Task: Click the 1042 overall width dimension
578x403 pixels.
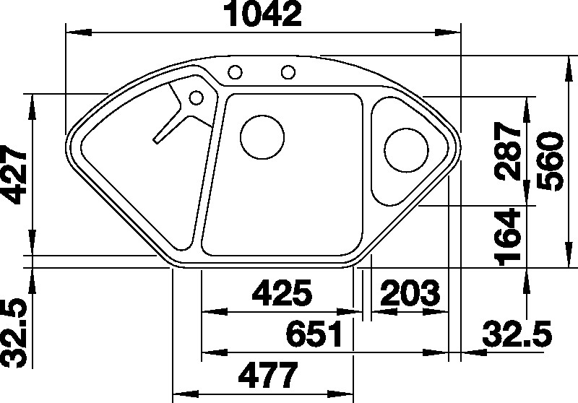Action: click(264, 14)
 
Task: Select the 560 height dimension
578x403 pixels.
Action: click(551, 161)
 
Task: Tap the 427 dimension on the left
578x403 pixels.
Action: click(14, 174)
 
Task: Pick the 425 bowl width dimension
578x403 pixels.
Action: click(282, 292)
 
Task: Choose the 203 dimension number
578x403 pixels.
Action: click(410, 292)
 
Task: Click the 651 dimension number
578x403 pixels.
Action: click(314, 334)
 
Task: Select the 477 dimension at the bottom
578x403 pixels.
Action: click(267, 376)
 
